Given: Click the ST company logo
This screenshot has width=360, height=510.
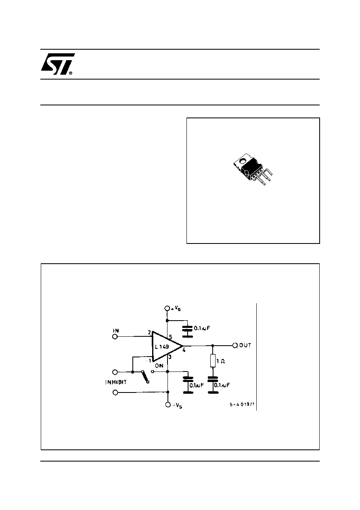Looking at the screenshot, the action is (58, 64).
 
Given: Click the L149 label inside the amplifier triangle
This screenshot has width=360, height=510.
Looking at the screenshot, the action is (162, 347).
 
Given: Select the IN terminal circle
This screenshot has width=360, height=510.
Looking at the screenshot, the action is (115, 336).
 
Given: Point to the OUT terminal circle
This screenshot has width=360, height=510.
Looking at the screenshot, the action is (235, 345).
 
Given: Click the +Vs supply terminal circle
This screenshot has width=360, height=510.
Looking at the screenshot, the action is (167, 308).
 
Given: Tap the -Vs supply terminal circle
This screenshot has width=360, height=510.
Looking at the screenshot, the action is (168, 405).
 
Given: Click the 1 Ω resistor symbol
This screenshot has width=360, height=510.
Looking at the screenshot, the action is (213, 361).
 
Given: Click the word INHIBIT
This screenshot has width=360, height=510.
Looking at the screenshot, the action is (116, 382).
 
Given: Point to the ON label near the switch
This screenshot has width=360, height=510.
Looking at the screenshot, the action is (159, 366).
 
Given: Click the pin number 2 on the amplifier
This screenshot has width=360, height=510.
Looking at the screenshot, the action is (149, 333).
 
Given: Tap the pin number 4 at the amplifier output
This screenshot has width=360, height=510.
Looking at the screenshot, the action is (184, 350).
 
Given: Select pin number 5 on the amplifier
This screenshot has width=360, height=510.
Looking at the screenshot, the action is (171, 337).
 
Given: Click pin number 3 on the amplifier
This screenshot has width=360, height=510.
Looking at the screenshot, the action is (170, 357).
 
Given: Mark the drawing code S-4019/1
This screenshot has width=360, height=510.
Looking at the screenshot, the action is (242, 405).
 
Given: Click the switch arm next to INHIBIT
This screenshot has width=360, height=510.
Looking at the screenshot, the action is (145, 377).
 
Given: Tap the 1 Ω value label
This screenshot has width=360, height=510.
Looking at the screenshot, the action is (221, 361).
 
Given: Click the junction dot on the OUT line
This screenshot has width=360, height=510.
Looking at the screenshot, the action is (213, 345).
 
